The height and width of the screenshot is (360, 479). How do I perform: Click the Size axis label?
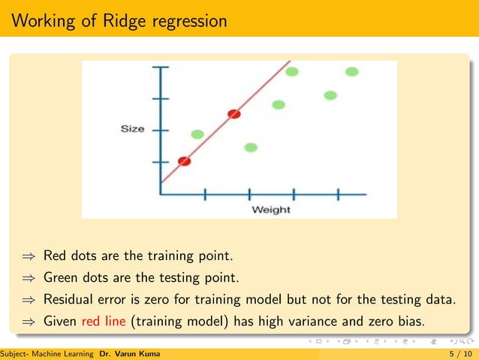[132, 129]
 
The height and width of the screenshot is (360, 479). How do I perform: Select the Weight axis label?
[271, 209]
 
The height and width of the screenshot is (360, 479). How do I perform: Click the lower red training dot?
[184, 161]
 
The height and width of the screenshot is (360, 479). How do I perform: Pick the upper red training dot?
[234, 114]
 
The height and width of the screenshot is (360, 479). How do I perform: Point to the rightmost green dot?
[351, 71]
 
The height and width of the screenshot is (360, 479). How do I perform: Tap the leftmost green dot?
[197, 134]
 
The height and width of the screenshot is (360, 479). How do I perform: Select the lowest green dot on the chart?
[251, 147]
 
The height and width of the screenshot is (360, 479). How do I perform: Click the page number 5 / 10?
[459, 353]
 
